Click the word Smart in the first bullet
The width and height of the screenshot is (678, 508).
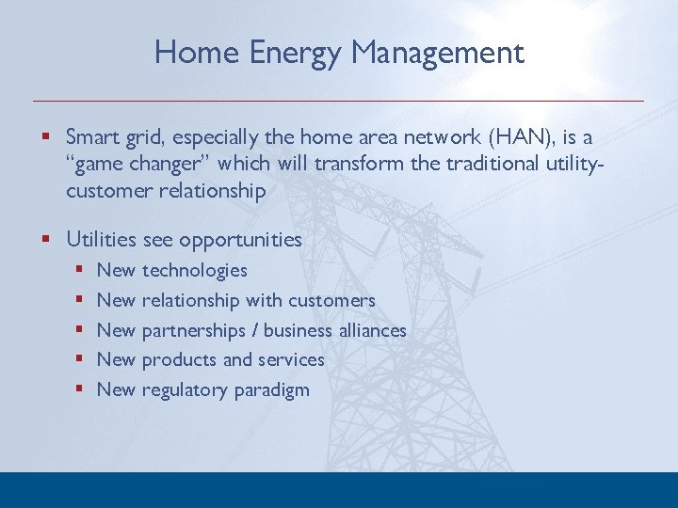pyautogui.click(x=92, y=136)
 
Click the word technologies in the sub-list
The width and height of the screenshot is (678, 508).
pyautogui.click(x=194, y=271)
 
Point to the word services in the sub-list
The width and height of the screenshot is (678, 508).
pyautogui.click(x=290, y=359)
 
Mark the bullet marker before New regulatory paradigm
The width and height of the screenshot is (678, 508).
pyautogui.click(x=81, y=389)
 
